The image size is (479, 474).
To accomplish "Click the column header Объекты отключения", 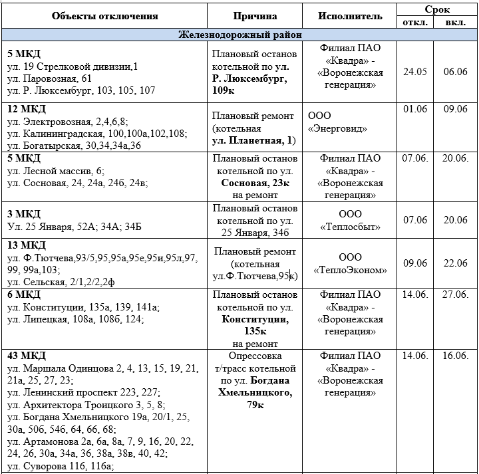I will pyautogui.click(x=105, y=15).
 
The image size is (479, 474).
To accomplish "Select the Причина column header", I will pyautogui.click(x=255, y=15).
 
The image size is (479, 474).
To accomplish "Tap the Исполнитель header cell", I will pyautogui.click(x=350, y=15).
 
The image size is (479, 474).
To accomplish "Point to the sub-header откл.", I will pyautogui.click(x=415, y=23).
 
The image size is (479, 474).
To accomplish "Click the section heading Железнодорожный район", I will pyautogui.click(x=239, y=35).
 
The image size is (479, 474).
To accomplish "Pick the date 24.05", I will pyautogui.click(x=415, y=71).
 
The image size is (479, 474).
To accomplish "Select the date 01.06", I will pyautogui.click(x=414, y=109).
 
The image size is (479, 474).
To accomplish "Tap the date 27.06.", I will pyautogui.click(x=456, y=295).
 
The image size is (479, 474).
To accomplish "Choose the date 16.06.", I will pyautogui.click(x=456, y=356).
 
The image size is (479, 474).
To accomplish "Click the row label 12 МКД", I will pyautogui.click(x=26, y=109).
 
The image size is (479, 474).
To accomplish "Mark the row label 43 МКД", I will pyautogui.click(x=26, y=356).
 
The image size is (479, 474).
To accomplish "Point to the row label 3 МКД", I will pyautogui.click(x=23, y=213).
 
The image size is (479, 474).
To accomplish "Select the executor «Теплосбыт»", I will pyautogui.click(x=350, y=227).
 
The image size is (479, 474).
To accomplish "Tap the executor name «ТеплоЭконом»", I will pyautogui.click(x=350, y=270).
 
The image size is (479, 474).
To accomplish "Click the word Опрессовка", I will pyautogui.click(x=255, y=356).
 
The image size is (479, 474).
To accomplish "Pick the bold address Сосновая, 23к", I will pyautogui.click(x=255, y=183).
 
